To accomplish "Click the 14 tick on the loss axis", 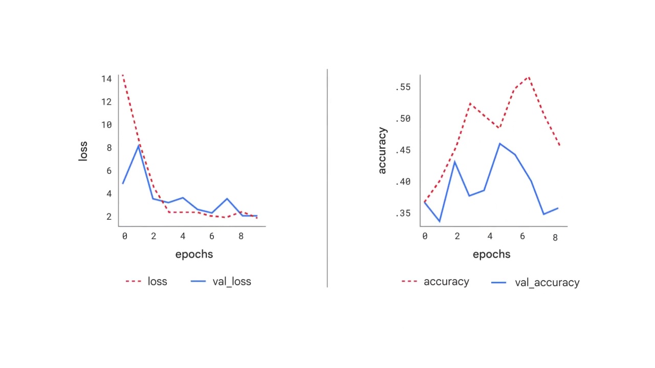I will pyautogui.click(x=106, y=79).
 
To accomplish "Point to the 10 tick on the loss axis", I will pyautogui.click(x=106, y=125).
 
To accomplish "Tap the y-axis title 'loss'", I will pyautogui.click(x=83, y=151).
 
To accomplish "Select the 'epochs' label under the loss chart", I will pyautogui.click(x=194, y=254).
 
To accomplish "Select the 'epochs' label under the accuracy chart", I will pyautogui.click(x=491, y=254).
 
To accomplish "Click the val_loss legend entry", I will pyautogui.click(x=221, y=282).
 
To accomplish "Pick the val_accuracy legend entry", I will pyautogui.click(x=535, y=283).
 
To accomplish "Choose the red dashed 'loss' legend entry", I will pyautogui.click(x=146, y=282).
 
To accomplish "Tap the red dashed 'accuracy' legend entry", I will pyautogui.click(x=435, y=282).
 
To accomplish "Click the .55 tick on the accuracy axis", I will pyautogui.click(x=403, y=87).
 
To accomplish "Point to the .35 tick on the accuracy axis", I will pyautogui.click(x=403, y=213).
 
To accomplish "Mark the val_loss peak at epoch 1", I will pyautogui.click(x=138, y=146).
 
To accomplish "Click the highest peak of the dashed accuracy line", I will pyautogui.click(x=528, y=77).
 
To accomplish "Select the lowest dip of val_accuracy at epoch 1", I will pyautogui.click(x=439, y=221).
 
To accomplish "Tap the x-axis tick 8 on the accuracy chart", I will pyautogui.click(x=555, y=238).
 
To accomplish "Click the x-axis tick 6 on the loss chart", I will pyautogui.click(x=212, y=236).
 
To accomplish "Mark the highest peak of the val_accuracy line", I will pyautogui.click(x=499, y=144).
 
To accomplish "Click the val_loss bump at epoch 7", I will pyautogui.click(x=227, y=199).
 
